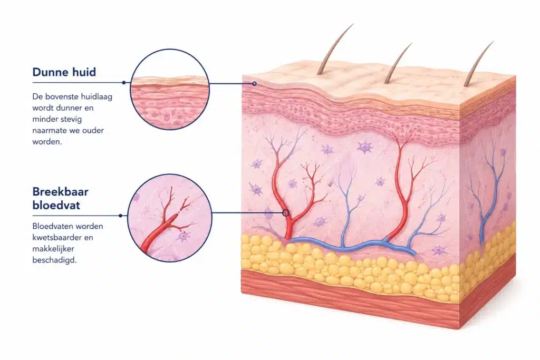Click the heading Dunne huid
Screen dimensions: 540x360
64,72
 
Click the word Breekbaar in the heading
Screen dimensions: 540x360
60,191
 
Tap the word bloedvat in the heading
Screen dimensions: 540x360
56,205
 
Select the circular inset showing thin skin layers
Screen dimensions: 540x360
170,89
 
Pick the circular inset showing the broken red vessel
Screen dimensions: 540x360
170,218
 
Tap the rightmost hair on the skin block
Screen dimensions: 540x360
478,64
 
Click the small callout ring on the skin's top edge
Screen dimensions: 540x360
255,84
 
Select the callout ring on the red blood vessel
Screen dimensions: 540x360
286,213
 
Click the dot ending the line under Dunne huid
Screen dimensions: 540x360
123,83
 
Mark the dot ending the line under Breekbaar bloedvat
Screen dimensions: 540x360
121,216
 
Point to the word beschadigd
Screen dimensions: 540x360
54,260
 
